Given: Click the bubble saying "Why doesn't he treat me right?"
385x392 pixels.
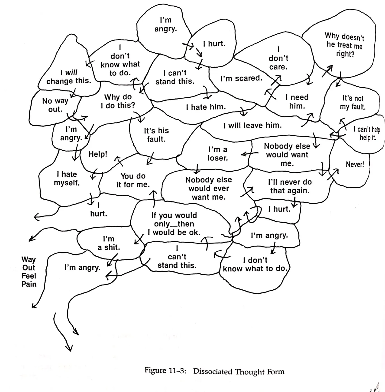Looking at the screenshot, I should click(x=344, y=45).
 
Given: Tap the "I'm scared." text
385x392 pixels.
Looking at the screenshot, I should click(x=241, y=78).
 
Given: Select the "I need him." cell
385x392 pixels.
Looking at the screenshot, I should click(x=297, y=102).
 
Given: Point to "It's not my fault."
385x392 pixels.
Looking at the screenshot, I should click(x=353, y=103).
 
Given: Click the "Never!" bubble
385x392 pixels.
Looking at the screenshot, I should click(x=355, y=164).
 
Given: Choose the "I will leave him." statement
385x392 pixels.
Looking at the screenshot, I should click(x=252, y=125).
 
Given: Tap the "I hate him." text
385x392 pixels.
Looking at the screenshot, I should click(x=206, y=107).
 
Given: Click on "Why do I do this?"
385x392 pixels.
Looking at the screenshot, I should click(x=118, y=101).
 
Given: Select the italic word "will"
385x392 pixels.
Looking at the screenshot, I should click(x=71, y=73).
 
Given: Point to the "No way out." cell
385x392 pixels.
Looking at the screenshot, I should click(x=55, y=105).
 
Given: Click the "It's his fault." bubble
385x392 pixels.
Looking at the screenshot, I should click(x=156, y=135).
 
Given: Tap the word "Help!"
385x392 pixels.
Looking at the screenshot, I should click(x=98, y=154).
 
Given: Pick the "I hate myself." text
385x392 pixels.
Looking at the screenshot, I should click(x=67, y=179).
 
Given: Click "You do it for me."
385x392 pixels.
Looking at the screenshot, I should click(x=133, y=180).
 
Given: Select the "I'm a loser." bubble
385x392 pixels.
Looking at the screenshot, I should click(x=218, y=154).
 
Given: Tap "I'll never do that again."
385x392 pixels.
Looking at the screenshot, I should click(x=290, y=186).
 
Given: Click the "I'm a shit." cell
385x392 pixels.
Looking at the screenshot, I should click(x=109, y=243).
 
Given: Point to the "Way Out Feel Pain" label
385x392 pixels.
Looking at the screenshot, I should click(x=29, y=272).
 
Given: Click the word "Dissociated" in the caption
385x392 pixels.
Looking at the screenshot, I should click(x=213, y=371).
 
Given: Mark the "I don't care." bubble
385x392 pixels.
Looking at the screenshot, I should click(x=278, y=58).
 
